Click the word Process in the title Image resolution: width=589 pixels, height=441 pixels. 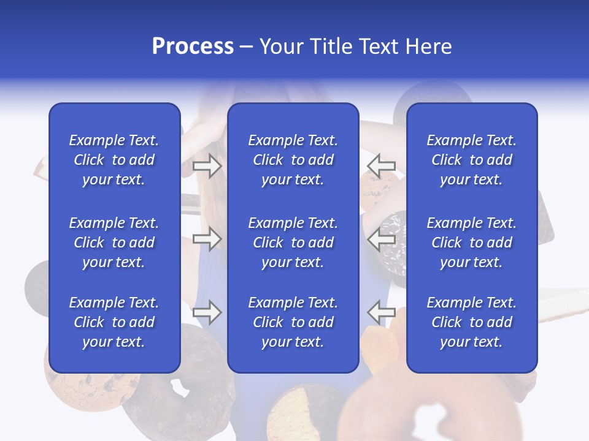coord(193,47)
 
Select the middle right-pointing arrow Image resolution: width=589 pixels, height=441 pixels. coord(207,239)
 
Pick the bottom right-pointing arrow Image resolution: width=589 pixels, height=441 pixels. coord(207,312)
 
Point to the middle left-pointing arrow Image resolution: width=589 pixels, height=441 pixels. coord(381,239)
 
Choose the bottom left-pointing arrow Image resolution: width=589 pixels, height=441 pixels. coord(381,312)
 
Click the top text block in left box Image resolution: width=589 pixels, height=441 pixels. coord(114,160)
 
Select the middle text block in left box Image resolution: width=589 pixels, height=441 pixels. coord(114,243)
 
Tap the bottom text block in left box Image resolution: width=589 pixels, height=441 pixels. coord(114,322)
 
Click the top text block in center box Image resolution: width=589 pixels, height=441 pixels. coord(293,160)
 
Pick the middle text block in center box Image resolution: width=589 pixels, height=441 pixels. coord(293,243)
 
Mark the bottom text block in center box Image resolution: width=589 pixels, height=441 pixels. coord(293,322)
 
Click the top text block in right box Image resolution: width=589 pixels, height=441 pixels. coord(471,160)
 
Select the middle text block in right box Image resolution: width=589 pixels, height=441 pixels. coord(471,243)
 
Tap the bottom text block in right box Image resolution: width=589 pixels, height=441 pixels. coord(471,322)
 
